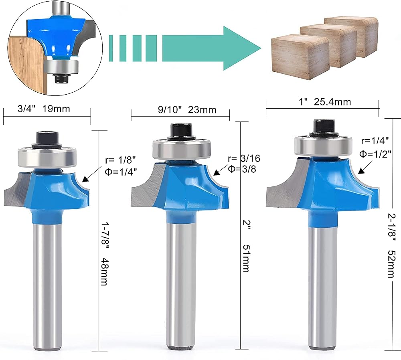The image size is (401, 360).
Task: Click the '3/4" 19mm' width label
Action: tap(44, 109)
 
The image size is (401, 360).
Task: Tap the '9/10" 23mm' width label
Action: tap(187, 110)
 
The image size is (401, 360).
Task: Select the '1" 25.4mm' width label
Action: tap(325, 102)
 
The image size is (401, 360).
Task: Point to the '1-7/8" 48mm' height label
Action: tap(105, 253)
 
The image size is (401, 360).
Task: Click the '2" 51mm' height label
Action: tap(246, 246)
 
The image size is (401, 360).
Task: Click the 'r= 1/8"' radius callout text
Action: tap(120, 160)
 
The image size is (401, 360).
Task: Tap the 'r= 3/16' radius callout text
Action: tap(244, 158)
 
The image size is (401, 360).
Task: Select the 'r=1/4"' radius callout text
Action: tap(375, 141)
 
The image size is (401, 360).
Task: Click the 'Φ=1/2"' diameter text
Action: tap(375, 154)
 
